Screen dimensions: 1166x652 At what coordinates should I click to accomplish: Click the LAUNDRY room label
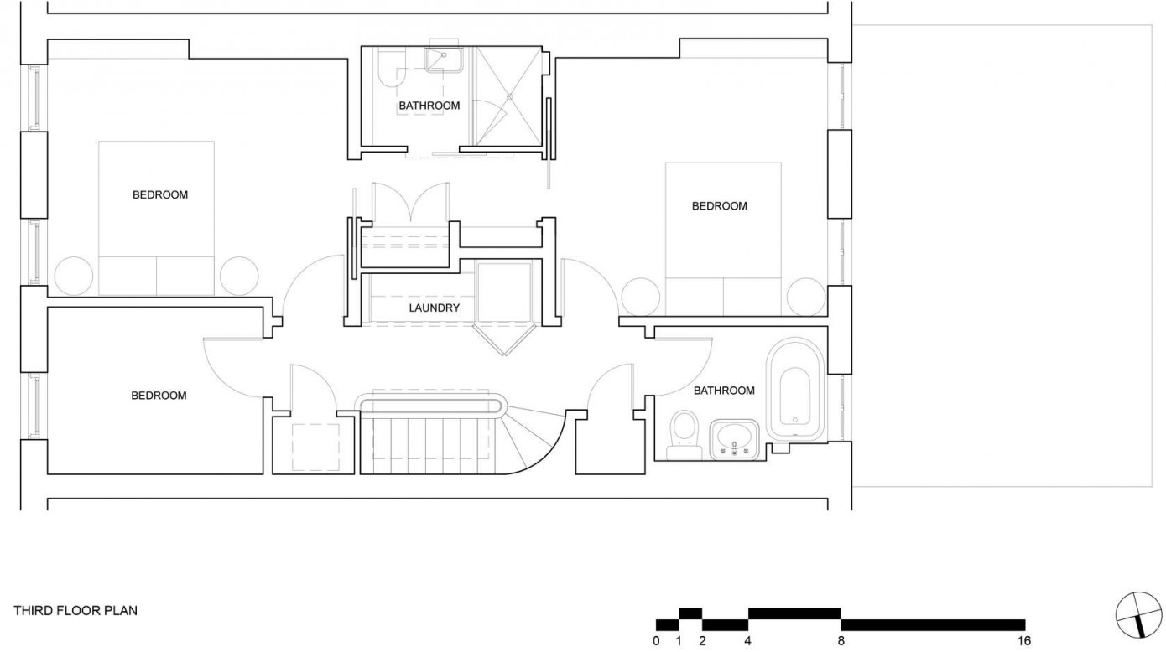[435, 308]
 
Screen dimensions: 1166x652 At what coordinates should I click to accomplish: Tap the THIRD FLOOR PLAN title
[75, 610]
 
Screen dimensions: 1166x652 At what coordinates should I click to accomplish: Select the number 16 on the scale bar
[1023, 640]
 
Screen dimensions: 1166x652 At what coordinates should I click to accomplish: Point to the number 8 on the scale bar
[841, 640]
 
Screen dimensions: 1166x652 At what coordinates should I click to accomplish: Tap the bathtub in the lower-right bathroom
[795, 388]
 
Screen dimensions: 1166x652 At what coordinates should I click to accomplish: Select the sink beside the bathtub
[734, 440]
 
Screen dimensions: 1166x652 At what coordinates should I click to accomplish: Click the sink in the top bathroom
[444, 60]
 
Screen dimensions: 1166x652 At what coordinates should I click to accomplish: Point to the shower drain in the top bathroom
[510, 96]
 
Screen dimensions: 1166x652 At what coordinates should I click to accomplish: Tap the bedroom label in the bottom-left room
[159, 396]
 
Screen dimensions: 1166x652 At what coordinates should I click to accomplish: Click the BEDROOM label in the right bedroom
[720, 206]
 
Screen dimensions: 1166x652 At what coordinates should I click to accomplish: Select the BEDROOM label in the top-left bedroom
[160, 195]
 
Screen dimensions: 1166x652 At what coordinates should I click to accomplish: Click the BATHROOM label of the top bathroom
[429, 106]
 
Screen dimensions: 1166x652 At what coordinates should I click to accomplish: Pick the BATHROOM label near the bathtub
[724, 391]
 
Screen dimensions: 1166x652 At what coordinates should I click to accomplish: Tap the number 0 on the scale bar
[656, 640]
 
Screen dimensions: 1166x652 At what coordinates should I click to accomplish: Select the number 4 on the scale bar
[747, 640]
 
